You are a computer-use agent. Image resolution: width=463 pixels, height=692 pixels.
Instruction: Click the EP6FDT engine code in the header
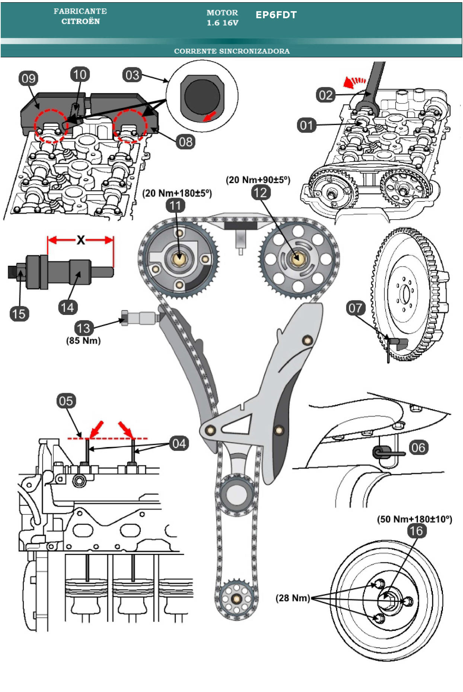pos(276,15)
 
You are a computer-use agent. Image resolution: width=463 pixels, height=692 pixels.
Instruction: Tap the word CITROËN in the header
pos(80,22)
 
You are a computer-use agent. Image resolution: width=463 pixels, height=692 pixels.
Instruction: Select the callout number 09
pos(29,79)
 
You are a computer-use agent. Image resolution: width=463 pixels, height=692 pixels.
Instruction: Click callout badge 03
pos(132,75)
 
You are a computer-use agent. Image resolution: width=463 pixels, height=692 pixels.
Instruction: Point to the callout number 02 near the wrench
pos(326,95)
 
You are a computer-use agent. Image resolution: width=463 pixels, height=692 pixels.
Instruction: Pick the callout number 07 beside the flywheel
pos(355,308)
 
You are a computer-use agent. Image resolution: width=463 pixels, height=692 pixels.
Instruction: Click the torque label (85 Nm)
pos(83,341)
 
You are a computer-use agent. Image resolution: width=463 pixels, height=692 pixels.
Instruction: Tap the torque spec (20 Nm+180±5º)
pos(177,193)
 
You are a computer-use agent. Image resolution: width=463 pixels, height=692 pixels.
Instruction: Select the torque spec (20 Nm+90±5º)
pos(258,180)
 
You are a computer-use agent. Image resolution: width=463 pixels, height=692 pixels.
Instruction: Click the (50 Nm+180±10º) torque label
pos(415,519)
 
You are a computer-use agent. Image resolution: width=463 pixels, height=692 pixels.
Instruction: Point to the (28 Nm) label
pos(293,598)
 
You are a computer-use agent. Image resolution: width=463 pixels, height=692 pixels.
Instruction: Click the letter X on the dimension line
pos(81,240)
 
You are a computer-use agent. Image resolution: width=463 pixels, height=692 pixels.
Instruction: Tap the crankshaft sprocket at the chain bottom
pos(236,599)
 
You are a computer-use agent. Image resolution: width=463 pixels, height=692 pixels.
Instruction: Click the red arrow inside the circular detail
pos(210,117)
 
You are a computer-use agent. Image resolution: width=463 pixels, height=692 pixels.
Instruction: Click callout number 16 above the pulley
pos(416,531)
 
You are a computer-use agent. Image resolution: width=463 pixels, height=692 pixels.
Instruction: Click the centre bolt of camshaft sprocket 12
pos(297,259)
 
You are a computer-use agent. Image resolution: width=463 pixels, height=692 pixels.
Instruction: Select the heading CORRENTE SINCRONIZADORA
pos(231,51)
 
